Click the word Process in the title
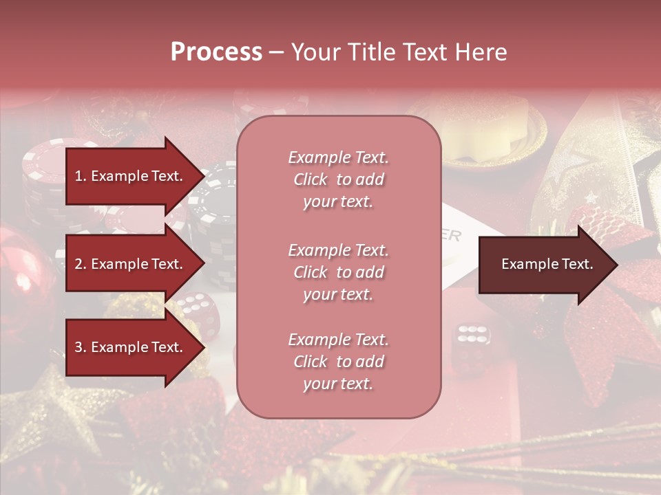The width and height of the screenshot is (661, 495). tap(216, 52)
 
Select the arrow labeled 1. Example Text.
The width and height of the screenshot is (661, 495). tap(131, 176)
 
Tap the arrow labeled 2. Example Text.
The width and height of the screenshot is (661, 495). tap(131, 264)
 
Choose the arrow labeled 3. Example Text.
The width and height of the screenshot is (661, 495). tap(131, 347)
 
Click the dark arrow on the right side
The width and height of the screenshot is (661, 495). tap(544, 265)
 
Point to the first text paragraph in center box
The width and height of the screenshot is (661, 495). tap(338, 179)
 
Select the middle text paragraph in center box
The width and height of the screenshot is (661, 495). tap(338, 272)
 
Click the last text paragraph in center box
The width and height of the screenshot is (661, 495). tap(338, 362)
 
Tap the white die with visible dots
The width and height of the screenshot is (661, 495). tap(472, 338)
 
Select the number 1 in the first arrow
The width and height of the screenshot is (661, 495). tap(78, 176)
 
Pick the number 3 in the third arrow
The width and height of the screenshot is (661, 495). tap(78, 347)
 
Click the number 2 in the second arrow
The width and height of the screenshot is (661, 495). tap(78, 264)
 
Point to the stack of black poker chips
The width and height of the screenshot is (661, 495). tap(217, 213)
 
